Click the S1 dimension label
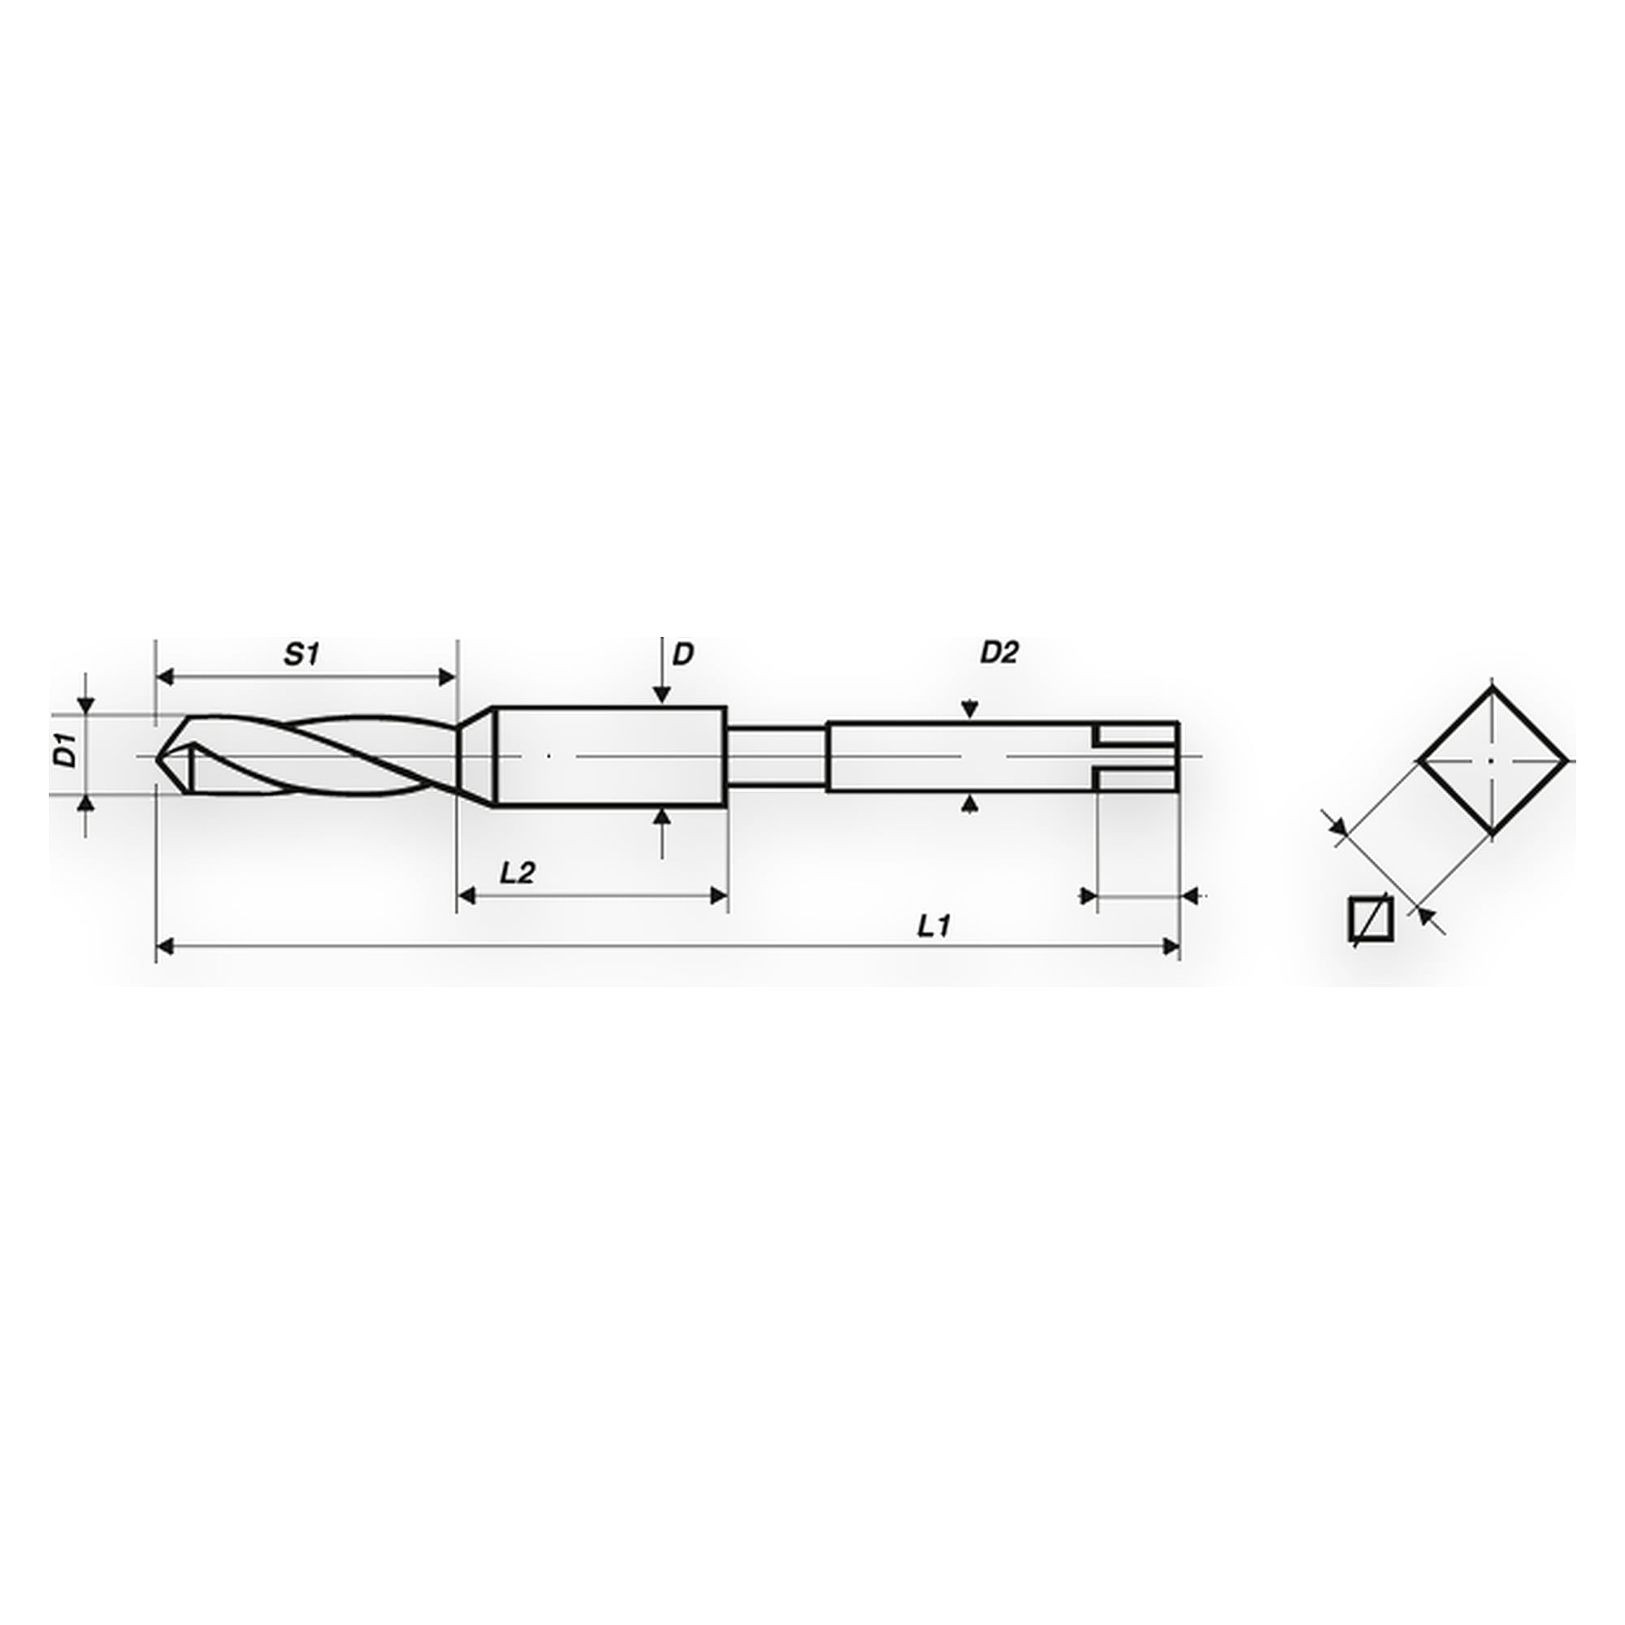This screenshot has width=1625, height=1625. point(302,655)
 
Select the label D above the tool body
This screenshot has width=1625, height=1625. point(684,654)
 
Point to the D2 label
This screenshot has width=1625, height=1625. point(999,652)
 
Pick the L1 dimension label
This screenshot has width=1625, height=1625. point(934,927)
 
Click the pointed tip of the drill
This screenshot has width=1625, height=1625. point(158,757)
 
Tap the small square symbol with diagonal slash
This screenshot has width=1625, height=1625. point(1371,917)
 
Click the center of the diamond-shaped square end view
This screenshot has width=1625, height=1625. point(1492,760)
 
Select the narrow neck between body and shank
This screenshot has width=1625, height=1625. point(775,757)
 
